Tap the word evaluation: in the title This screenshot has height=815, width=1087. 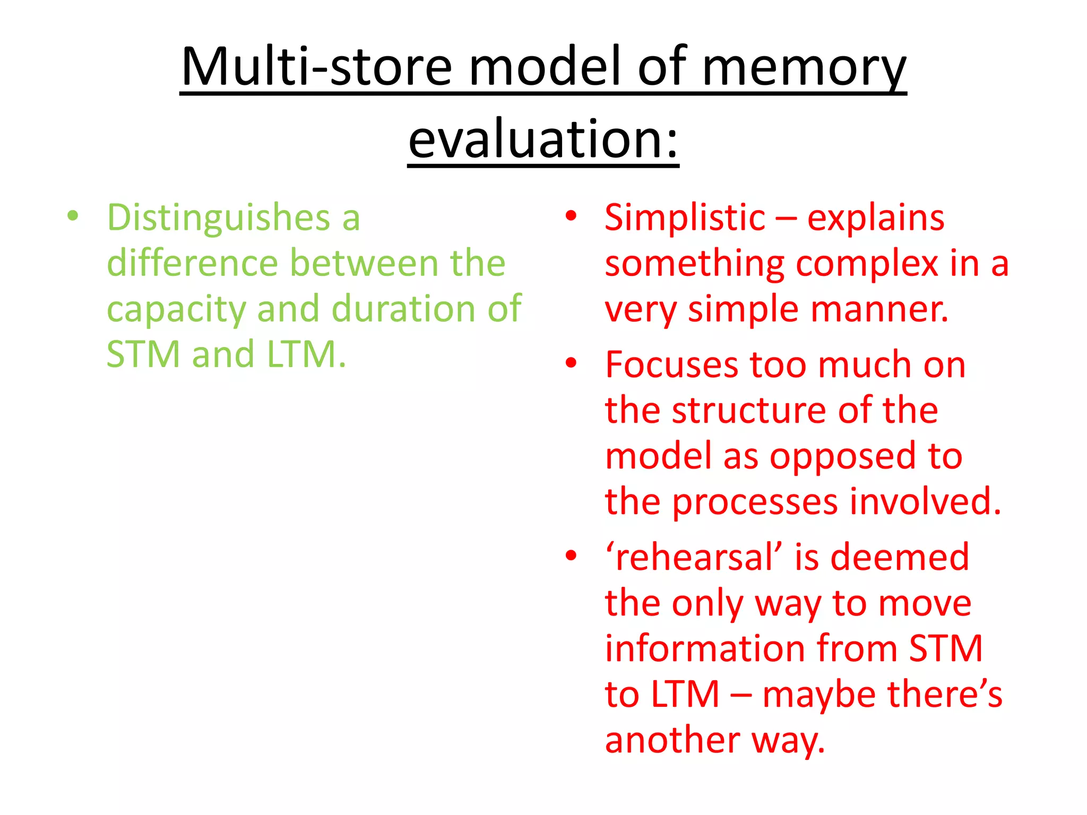[543, 139]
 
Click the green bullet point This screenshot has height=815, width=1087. [73, 216]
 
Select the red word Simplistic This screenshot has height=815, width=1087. [685, 218]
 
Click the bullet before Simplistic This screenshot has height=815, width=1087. [571, 216]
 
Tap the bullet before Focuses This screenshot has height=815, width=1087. [571, 363]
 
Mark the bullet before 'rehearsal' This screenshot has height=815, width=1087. [571, 556]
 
